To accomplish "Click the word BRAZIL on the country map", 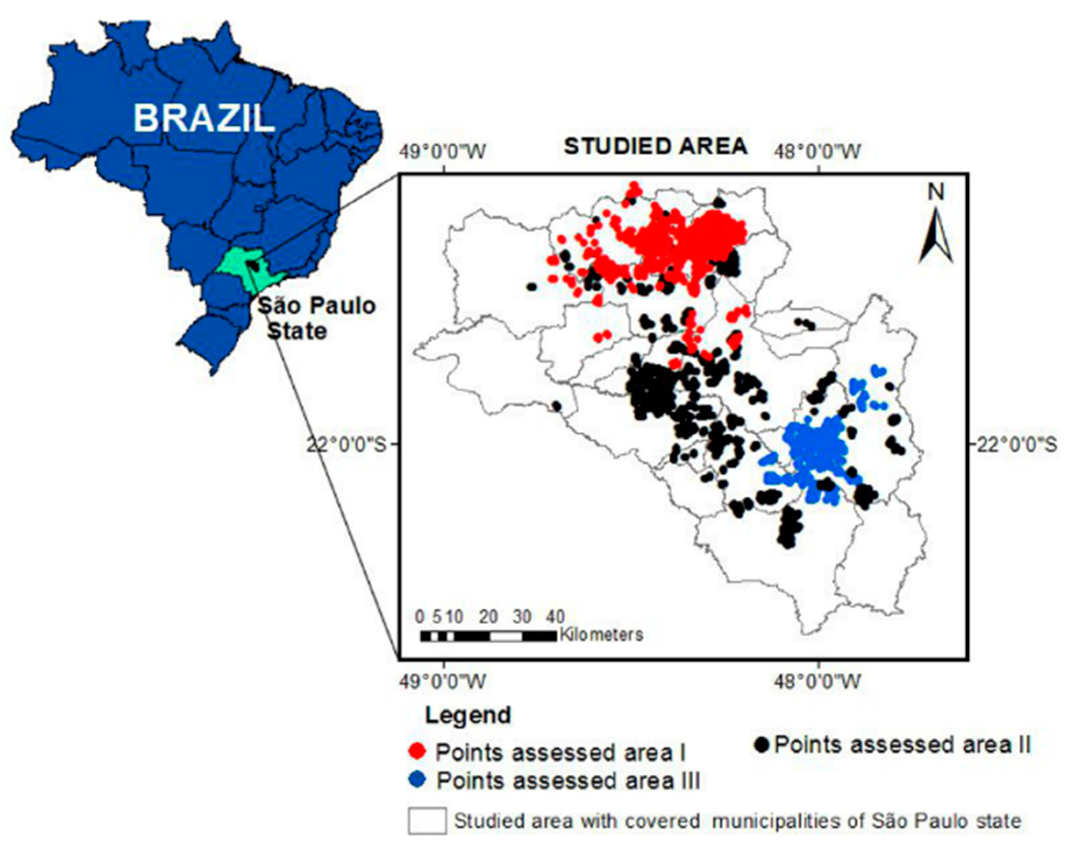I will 203,119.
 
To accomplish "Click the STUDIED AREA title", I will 656,147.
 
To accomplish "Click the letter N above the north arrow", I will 936,193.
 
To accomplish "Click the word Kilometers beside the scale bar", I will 601,634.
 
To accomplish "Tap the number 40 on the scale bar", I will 555,616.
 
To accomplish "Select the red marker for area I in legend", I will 418,751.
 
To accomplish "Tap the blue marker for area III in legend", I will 418,781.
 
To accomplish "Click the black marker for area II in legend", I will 763,744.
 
